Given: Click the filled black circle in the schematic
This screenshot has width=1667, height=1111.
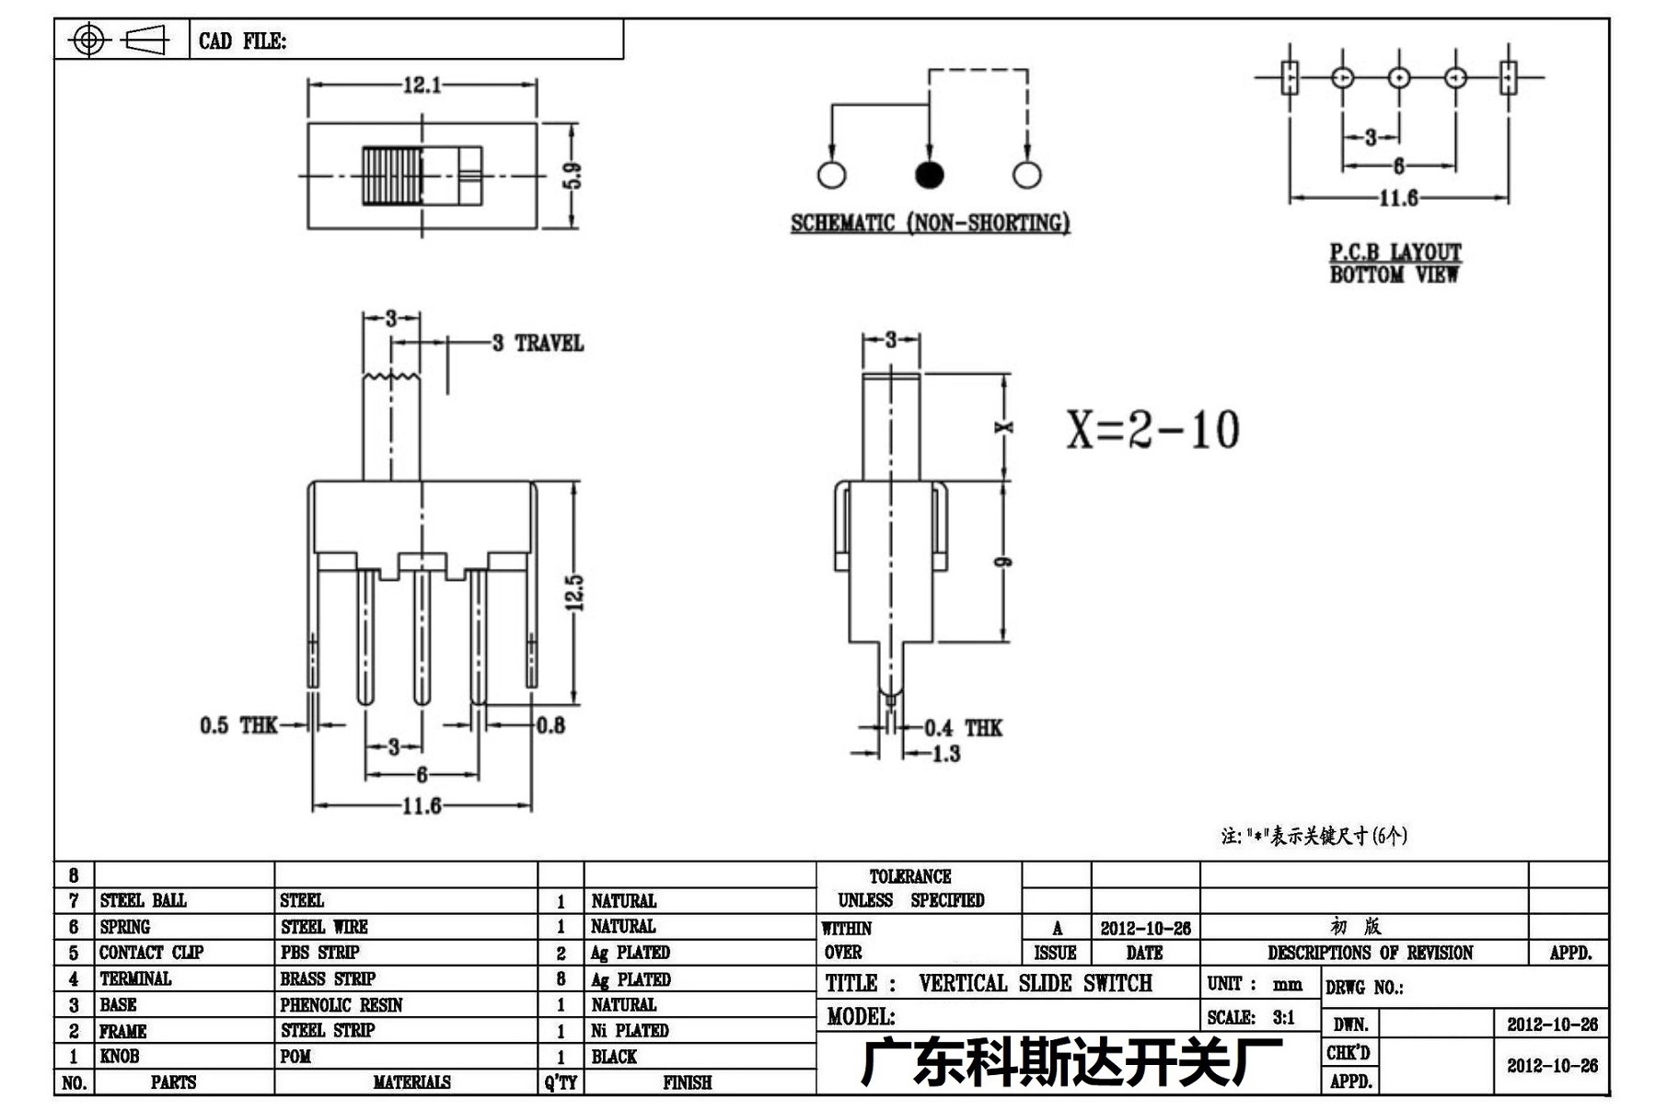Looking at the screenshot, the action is click(929, 174).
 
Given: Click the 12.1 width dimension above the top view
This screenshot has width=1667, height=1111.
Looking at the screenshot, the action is click(422, 86).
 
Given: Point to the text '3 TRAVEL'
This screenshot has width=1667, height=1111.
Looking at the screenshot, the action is click(538, 343).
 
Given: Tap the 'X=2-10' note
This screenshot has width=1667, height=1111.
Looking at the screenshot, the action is click(1153, 429).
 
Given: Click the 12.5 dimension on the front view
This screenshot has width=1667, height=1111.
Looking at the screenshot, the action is click(574, 593).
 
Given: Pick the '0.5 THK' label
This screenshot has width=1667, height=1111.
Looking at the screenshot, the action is click(238, 725).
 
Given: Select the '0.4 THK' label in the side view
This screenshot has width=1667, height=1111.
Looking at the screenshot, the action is click(963, 728).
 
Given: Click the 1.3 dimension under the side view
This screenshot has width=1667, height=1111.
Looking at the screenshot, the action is click(946, 754).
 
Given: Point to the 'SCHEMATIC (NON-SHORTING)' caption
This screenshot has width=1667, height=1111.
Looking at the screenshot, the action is click(930, 223).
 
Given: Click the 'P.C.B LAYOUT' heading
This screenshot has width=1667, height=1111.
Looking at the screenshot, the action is click(1395, 251).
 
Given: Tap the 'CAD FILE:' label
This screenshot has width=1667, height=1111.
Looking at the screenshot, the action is click(242, 41).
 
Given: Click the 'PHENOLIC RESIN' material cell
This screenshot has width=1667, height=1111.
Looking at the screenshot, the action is click(342, 1005).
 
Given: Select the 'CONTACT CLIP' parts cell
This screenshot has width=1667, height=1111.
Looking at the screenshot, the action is click(151, 953).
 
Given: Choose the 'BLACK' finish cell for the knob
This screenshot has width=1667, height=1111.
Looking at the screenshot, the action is click(614, 1057).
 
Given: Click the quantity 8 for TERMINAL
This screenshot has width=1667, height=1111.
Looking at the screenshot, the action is click(561, 979).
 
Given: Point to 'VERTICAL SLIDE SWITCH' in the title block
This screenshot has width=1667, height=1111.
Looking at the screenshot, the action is click(1036, 983).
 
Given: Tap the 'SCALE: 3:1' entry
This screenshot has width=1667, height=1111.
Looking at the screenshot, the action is click(1251, 1017).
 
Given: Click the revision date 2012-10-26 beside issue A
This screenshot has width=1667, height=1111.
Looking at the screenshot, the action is click(1145, 928).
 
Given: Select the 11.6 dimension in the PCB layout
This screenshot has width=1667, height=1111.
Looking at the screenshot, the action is click(1398, 198).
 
